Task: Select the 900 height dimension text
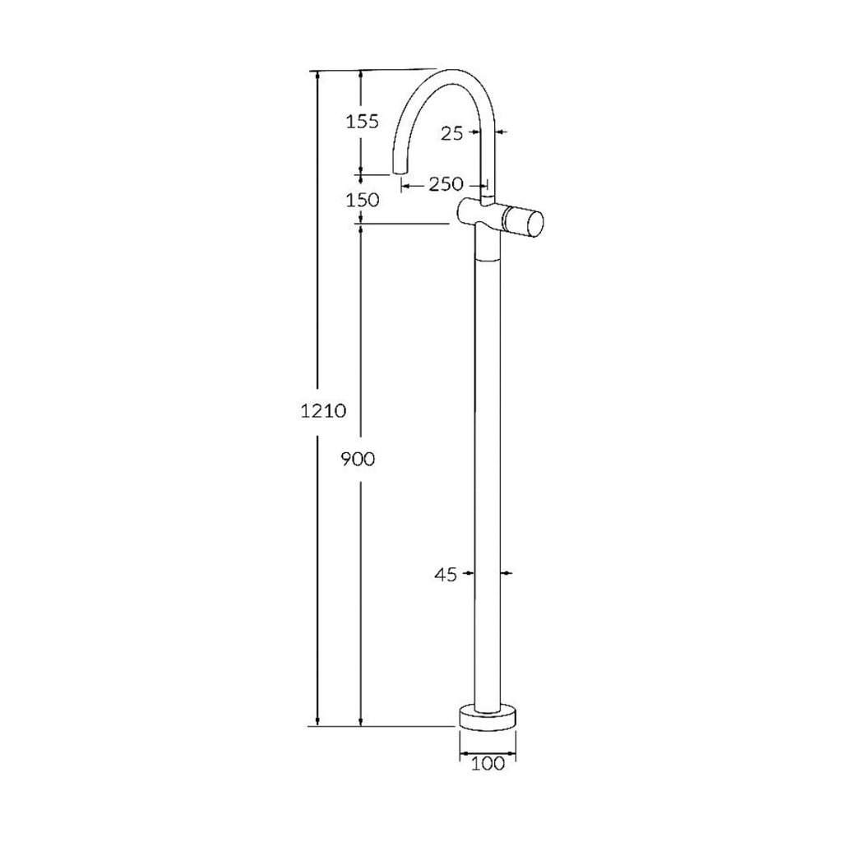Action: click(x=358, y=460)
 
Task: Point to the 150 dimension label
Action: click(x=362, y=199)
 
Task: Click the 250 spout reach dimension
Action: click(x=446, y=184)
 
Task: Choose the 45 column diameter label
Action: click(x=446, y=575)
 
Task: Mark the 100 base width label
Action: click(x=488, y=764)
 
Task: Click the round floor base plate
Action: click(x=488, y=716)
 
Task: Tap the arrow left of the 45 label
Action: click(x=468, y=573)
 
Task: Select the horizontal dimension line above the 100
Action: click(x=488, y=749)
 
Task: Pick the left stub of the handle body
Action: click(x=466, y=212)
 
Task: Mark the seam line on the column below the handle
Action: click(x=488, y=256)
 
